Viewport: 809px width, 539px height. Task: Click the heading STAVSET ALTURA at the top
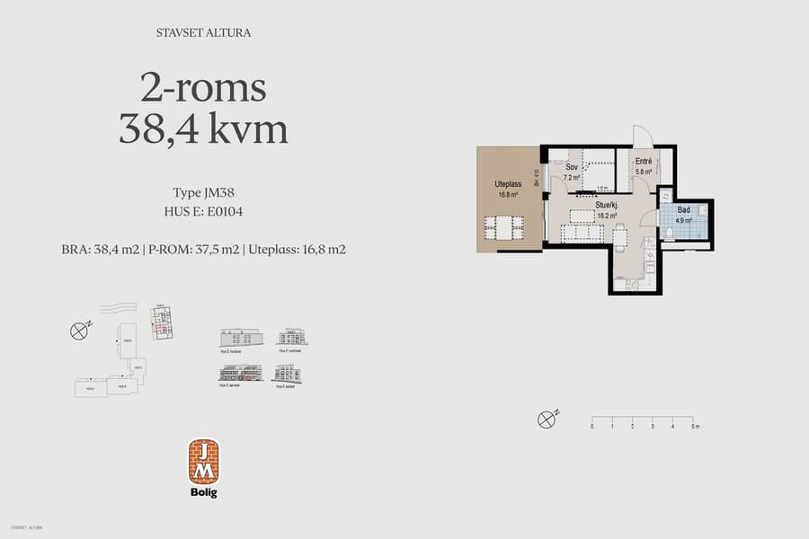click(x=203, y=34)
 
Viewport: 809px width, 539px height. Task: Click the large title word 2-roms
click(x=203, y=89)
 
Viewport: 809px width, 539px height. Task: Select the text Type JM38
click(x=203, y=192)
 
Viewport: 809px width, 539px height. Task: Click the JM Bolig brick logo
click(x=203, y=462)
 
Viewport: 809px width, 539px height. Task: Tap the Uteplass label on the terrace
click(x=508, y=184)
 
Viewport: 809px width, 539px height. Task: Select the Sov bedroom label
click(x=571, y=167)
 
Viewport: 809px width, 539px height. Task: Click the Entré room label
click(x=644, y=162)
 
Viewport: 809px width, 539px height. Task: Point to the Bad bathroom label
click(x=683, y=209)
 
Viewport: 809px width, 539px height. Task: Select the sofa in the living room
click(x=582, y=234)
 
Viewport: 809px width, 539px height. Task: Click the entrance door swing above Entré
click(x=644, y=137)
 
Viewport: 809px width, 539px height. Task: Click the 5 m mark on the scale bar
click(x=693, y=427)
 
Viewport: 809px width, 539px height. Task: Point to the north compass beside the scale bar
click(x=546, y=419)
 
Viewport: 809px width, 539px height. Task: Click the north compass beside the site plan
click(x=78, y=331)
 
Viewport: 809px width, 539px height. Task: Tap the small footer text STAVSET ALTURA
click(x=26, y=527)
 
